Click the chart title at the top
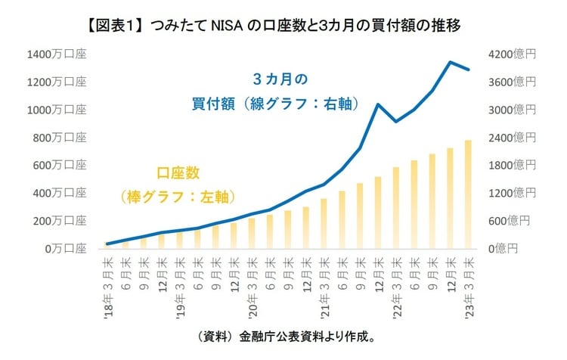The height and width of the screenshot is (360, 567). point(283,25)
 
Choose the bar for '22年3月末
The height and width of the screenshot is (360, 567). point(396,208)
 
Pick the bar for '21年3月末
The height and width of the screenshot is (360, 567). point(324,224)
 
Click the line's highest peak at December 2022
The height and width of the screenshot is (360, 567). point(451,62)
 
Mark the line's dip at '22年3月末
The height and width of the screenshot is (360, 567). point(396,121)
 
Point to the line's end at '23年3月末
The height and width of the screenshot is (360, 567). point(469,70)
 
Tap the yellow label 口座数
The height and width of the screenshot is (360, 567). point(178,173)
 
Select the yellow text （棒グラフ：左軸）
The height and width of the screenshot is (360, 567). point(178,196)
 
